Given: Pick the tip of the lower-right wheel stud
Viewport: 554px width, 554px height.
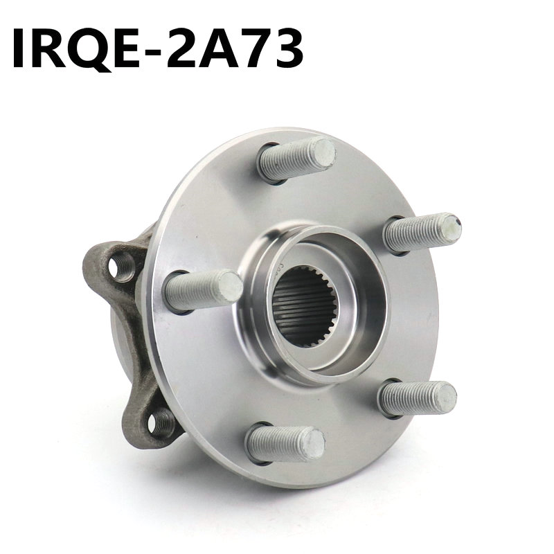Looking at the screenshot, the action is [444, 396].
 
